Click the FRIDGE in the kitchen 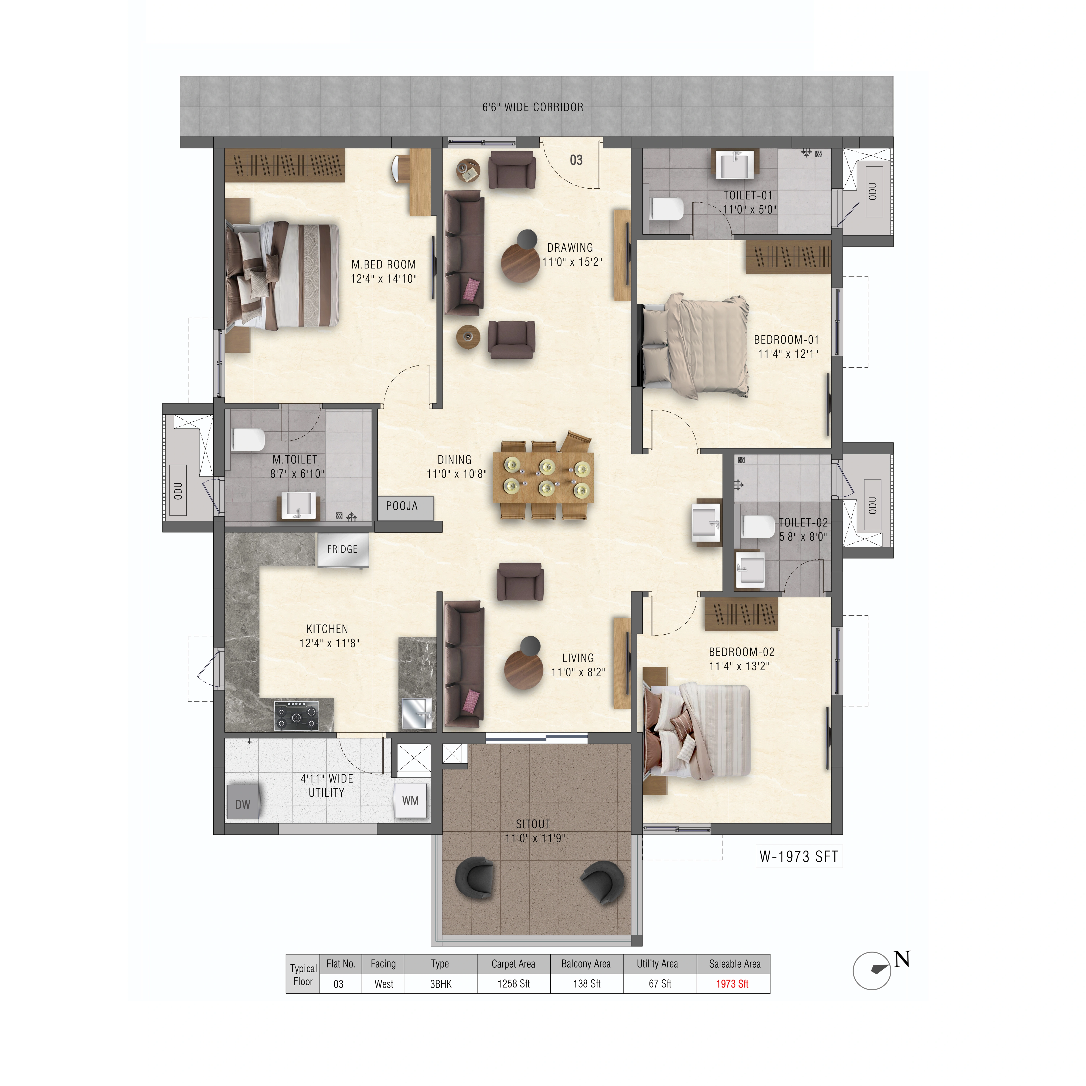pyautogui.click(x=342, y=549)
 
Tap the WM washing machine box pyautogui.click(x=410, y=800)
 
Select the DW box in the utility pyautogui.click(x=242, y=804)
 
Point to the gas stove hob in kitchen pyautogui.click(x=296, y=715)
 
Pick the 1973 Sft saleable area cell pyautogui.click(x=733, y=984)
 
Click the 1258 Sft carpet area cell pyautogui.click(x=514, y=984)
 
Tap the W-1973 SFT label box pyautogui.click(x=799, y=857)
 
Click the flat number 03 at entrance pyautogui.click(x=576, y=160)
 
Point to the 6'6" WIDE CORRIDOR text pyautogui.click(x=533, y=107)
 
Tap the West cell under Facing pyautogui.click(x=384, y=984)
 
